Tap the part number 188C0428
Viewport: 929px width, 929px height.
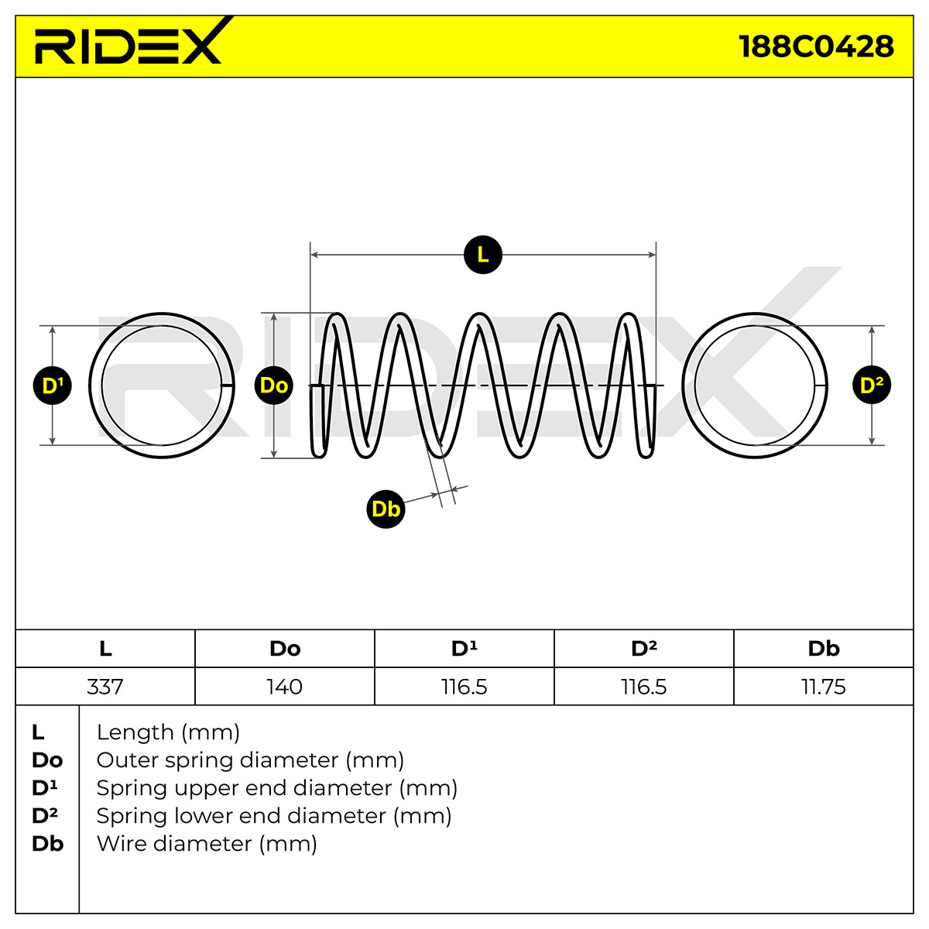coord(816,46)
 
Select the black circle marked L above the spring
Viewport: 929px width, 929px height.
coord(482,255)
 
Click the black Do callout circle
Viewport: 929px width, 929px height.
coord(274,386)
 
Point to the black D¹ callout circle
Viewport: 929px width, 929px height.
coord(52,386)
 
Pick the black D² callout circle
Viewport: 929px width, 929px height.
coord(872,386)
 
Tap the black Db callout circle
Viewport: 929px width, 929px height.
coord(386,509)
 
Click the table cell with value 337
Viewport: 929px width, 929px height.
coord(105,687)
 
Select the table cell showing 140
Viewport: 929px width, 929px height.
coord(285,687)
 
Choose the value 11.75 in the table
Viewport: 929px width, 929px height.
coord(824,687)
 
